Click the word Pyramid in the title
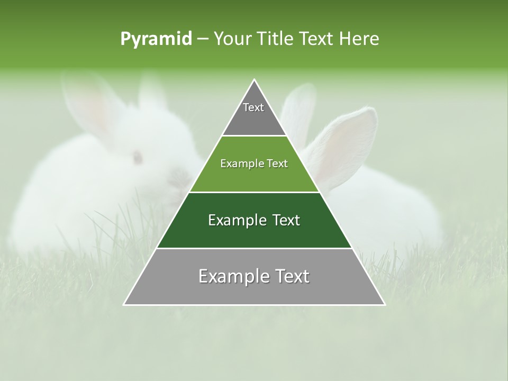point(156,39)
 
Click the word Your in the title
point(231,39)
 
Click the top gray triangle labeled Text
point(254,114)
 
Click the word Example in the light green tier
point(239,164)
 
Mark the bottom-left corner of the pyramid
point(124,304)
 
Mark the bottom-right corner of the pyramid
point(385,304)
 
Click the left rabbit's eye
point(138,156)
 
